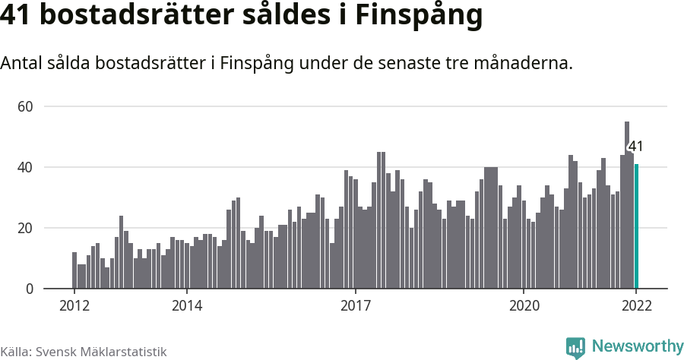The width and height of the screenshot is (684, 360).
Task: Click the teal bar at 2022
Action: click(637, 226)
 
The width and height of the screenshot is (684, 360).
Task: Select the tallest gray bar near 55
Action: click(627, 205)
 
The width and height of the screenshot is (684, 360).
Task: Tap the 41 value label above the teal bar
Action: click(635, 147)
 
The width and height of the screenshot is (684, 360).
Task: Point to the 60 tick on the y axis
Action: click(25, 106)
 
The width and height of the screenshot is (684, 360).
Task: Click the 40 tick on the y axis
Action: click(25, 167)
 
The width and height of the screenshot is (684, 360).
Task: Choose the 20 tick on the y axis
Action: click(25, 228)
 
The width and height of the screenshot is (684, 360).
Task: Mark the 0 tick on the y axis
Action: click(29, 289)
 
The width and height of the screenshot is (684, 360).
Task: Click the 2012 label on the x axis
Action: click(74, 306)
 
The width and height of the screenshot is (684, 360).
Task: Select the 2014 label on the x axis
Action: click(186, 306)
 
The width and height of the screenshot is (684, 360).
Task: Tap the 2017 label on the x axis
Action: click(355, 306)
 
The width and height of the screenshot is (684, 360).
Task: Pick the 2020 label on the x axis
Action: click(524, 306)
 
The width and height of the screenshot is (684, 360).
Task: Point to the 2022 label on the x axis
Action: click(636, 306)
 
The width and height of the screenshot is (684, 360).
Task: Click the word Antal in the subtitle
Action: click(22, 64)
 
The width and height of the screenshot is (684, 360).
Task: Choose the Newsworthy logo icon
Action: click(575, 347)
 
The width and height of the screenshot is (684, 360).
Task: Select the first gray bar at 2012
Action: click(74, 270)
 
